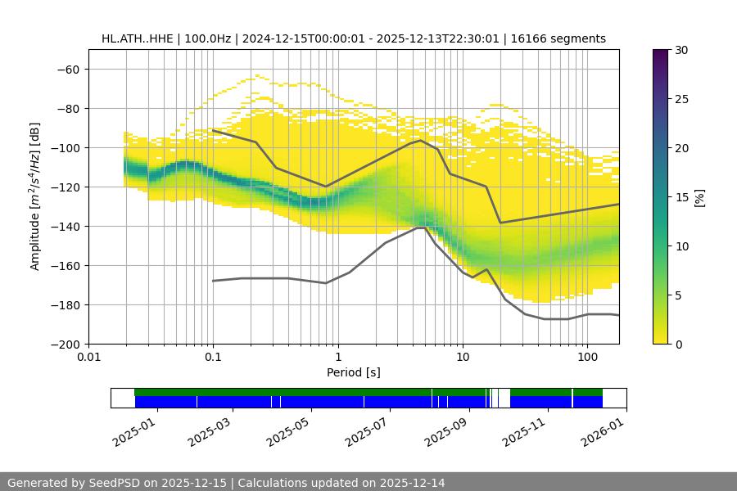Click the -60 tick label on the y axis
click(67, 69)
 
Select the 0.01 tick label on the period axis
click(88, 358)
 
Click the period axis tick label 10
click(463, 358)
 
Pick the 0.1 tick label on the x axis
click(213, 358)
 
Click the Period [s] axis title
click(353, 372)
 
